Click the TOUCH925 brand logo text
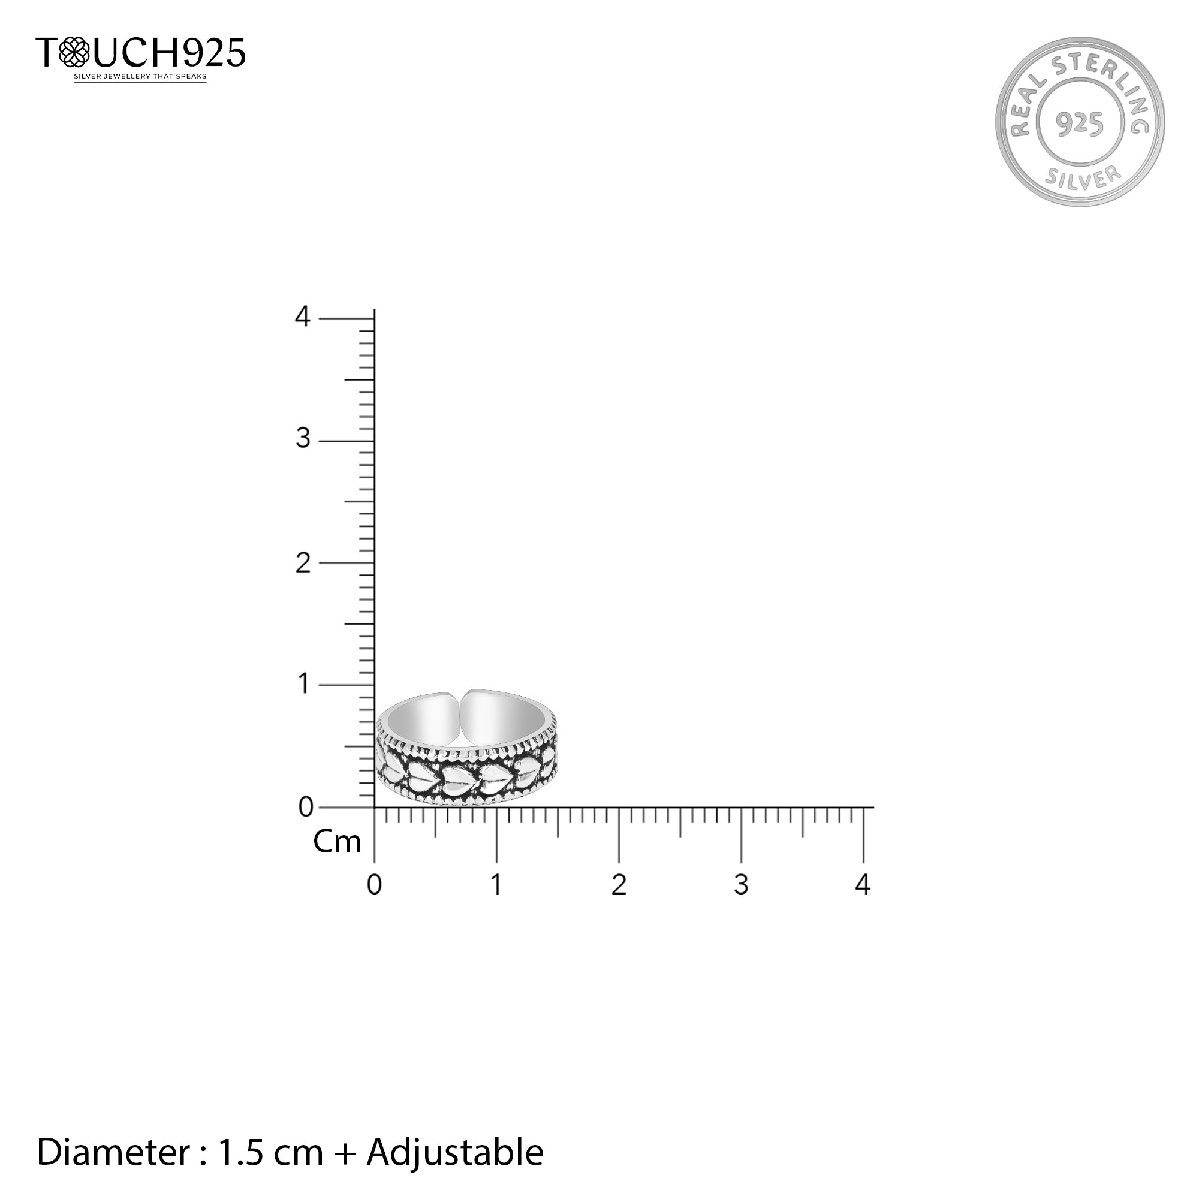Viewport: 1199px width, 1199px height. point(141,52)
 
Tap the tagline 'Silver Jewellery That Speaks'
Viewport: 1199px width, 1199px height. point(140,77)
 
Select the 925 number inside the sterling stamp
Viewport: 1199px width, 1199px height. point(1080,123)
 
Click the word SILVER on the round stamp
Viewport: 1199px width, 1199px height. point(1083,177)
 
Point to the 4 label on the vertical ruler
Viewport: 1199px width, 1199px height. point(302,317)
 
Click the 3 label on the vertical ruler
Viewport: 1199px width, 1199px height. point(303,439)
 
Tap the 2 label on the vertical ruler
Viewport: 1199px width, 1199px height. point(303,563)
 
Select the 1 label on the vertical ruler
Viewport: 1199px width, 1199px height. point(304,684)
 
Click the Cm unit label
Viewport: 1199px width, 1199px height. point(337,842)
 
